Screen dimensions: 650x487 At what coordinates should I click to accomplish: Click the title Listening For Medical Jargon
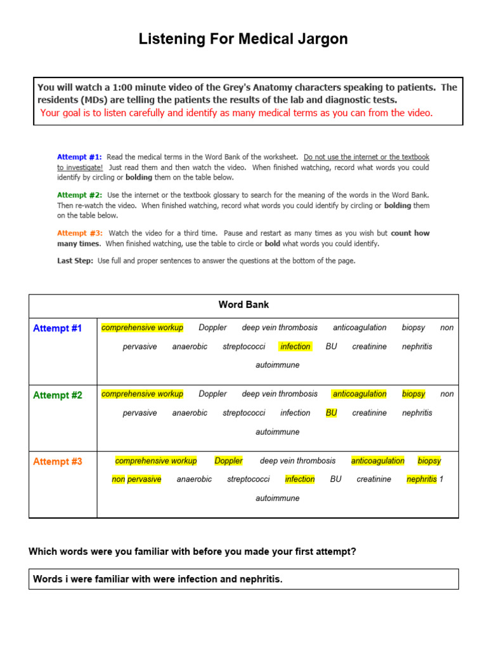pos(243,39)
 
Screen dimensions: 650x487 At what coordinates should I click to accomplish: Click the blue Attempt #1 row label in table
pos(57,328)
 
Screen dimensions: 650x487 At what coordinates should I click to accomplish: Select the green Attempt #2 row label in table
pos(57,395)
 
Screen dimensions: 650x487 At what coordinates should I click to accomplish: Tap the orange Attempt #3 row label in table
pos(57,461)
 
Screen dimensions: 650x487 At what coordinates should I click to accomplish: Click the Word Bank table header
pos(243,305)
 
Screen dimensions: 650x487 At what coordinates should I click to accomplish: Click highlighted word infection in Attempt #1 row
pos(295,347)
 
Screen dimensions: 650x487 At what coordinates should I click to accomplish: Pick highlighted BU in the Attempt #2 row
pos(331,413)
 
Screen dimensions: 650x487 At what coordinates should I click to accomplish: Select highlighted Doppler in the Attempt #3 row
pos(228,461)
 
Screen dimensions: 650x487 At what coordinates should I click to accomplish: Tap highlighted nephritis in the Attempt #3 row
pos(422,479)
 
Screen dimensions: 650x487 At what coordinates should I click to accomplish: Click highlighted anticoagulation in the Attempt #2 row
pos(360,394)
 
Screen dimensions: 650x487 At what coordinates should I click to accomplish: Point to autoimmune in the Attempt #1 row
pos(277,365)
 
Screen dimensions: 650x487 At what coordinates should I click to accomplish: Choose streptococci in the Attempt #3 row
pos(248,479)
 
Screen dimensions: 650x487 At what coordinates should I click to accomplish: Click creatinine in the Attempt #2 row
pos(369,413)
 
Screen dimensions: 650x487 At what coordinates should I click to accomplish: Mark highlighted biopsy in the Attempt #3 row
pos(429,461)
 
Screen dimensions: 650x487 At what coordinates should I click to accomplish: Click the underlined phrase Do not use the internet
pos(366,157)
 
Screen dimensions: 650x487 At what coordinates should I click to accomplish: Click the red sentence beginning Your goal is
pos(236,113)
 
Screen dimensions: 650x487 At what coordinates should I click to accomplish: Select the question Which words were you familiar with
pos(192,552)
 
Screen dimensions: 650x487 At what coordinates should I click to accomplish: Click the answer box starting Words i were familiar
pos(243,579)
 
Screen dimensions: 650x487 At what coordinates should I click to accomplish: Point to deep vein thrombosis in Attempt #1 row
pos(280,328)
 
